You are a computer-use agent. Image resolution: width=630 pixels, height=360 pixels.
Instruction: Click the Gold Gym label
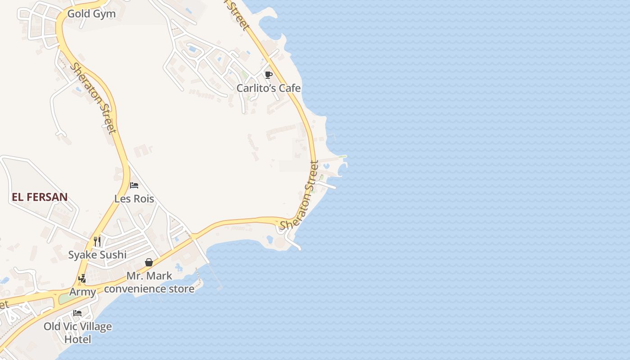(91, 14)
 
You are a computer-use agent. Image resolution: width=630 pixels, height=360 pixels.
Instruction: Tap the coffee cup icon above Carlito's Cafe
(269, 75)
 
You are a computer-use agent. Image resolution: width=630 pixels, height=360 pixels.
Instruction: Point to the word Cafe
(289, 88)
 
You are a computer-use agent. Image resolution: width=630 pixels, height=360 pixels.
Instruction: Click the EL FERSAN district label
(40, 197)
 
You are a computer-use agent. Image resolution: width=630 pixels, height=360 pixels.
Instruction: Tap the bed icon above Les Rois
(134, 185)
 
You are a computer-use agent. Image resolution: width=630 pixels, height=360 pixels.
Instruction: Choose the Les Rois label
(134, 198)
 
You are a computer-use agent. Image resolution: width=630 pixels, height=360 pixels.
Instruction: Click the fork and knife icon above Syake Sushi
(97, 241)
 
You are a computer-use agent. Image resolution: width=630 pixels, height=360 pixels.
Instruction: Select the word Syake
(82, 255)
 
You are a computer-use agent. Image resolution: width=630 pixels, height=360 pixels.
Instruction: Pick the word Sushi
(112, 255)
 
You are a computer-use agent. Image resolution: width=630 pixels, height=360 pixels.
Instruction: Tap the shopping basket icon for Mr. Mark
(149, 262)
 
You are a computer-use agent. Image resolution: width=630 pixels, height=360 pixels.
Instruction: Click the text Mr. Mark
(149, 276)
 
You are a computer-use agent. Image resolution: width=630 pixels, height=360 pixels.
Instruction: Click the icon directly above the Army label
(82, 279)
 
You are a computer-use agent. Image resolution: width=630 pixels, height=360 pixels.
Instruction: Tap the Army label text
(82, 292)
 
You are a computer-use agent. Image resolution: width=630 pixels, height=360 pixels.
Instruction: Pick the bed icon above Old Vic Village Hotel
(77, 313)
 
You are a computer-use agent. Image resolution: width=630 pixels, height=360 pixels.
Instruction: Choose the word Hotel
(77, 339)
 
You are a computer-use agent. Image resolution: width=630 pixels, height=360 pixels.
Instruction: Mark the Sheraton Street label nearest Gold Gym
(93, 98)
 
